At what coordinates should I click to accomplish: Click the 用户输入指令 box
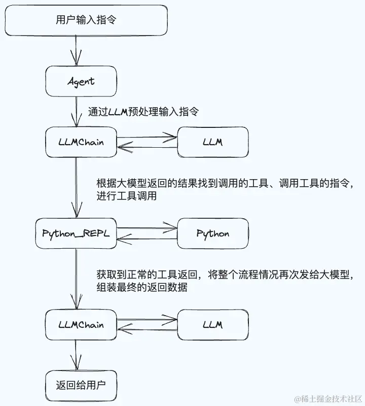point(86,20)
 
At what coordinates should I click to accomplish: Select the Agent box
point(81,81)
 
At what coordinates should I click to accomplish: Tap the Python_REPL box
point(76,233)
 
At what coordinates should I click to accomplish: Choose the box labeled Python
point(212,233)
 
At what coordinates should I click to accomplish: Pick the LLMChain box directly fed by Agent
point(81,142)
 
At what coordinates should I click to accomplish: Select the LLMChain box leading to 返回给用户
point(81,325)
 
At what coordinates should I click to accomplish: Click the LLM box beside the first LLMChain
point(212,142)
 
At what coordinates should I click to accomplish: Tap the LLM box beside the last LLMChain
point(212,325)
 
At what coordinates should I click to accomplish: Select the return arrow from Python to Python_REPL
point(147,239)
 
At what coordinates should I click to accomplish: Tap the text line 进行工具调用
point(122,196)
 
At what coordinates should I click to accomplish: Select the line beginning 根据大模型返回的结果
point(224,183)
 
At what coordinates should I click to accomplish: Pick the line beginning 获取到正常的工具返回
point(224,275)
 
